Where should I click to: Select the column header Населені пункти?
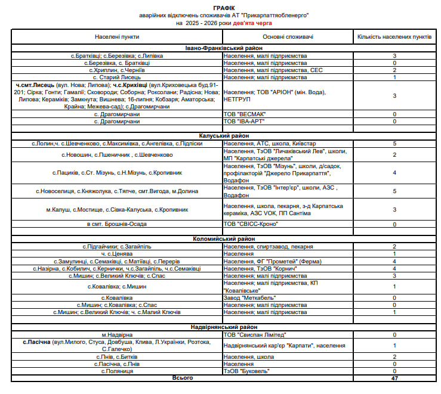pyautogui.click(x=117, y=37)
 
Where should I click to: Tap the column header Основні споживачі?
pyautogui.click(x=288, y=37)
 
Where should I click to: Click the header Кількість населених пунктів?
pyautogui.click(x=394, y=37)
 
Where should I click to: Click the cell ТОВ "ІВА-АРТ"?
pyautogui.click(x=246, y=122)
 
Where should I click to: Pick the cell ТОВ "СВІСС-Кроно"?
pyautogui.click(x=251, y=224)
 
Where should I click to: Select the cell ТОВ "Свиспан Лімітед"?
pyautogui.click(x=255, y=335)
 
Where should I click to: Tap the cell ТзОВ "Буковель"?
pyautogui.click(x=248, y=371)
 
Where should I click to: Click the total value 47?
pyautogui.click(x=394, y=379)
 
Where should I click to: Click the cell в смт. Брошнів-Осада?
pyautogui.click(x=117, y=224)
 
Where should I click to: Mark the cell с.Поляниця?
pyautogui.click(x=117, y=371)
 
